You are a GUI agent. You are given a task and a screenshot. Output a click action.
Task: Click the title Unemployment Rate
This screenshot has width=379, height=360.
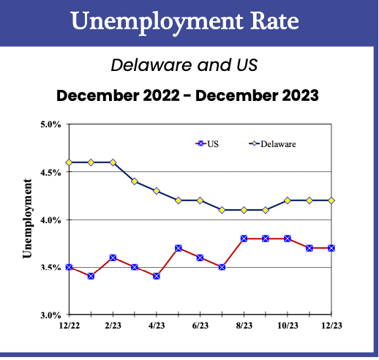[189, 20]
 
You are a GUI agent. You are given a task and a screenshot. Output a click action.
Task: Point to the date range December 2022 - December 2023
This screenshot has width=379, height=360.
[189, 95]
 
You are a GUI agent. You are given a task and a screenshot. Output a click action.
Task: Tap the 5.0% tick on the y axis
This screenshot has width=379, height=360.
[50, 124]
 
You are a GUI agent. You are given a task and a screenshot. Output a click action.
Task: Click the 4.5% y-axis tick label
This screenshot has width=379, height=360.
[50, 172]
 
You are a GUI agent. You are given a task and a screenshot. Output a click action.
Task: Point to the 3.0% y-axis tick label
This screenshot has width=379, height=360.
[50, 315]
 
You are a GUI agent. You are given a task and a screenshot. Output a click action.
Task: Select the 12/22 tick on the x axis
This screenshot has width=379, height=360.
[69, 326]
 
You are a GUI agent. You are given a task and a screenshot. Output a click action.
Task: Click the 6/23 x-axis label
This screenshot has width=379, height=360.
[200, 326]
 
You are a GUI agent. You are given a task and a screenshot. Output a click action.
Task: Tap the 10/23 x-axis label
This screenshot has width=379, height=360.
[288, 326]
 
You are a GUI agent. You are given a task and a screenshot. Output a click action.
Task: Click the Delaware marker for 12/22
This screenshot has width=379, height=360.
[69, 162]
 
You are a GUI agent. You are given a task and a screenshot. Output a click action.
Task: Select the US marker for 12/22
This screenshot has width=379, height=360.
[69, 267]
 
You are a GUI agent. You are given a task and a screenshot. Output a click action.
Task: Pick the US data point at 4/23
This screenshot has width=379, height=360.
[157, 277]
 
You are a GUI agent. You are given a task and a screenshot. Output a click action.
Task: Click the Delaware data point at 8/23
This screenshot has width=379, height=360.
[244, 210]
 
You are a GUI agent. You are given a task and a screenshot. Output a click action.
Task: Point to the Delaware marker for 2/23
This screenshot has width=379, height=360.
[113, 162]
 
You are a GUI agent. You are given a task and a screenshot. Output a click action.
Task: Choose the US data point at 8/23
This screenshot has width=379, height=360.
[244, 239]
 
